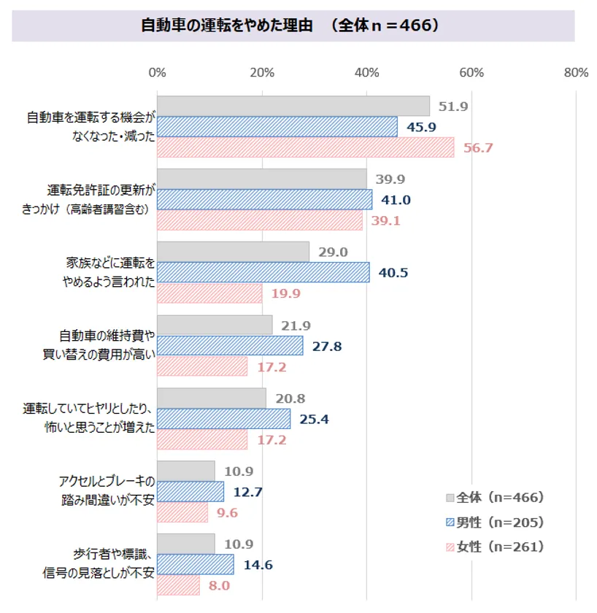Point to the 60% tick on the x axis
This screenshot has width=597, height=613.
click(472, 73)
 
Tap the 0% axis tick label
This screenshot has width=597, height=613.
click(157, 73)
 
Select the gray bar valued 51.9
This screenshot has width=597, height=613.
click(293, 107)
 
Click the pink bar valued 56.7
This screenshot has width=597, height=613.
click(305, 147)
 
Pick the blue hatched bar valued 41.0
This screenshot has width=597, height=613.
click(264, 200)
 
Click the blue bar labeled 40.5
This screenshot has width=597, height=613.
click(263, 273)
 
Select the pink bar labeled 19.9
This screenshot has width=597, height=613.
click(209, 293)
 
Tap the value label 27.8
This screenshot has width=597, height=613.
click(326, 347)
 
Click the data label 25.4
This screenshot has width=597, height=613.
click(315, 420)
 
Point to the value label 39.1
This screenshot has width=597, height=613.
click(385, 221)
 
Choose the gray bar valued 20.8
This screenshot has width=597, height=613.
click(211, 398)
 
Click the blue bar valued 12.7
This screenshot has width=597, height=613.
click(190, 492)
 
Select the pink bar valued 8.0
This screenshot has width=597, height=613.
click(178, 585)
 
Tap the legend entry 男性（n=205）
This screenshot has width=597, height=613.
click(500, 523)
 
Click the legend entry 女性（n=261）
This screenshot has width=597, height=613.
click(500, 547)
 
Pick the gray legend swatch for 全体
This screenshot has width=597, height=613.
click(450, 498)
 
